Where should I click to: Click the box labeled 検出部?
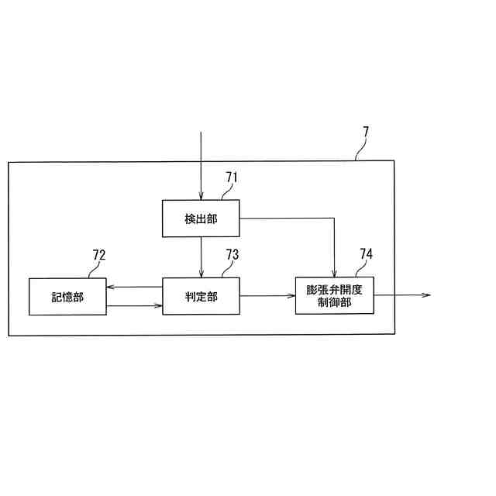point(201,219)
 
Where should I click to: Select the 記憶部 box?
point(67,296)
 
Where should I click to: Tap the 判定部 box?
point(201,296)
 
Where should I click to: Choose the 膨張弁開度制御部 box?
point(334,295)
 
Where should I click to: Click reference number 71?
point(231,177)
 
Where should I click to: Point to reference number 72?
point(99,255)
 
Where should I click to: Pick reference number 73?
point(232,255)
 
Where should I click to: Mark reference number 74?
point(366,254)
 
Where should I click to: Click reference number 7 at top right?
point(366,132)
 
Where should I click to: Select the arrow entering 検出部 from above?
point(201,167)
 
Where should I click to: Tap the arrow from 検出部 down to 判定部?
point(201,257)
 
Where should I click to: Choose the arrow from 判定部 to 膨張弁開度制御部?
point(267,295)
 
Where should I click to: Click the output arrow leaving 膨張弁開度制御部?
point(403,295)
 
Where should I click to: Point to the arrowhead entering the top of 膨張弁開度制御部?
point(334,272)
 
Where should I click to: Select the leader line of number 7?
point(359,152)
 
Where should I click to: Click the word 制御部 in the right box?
point(334,302)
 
